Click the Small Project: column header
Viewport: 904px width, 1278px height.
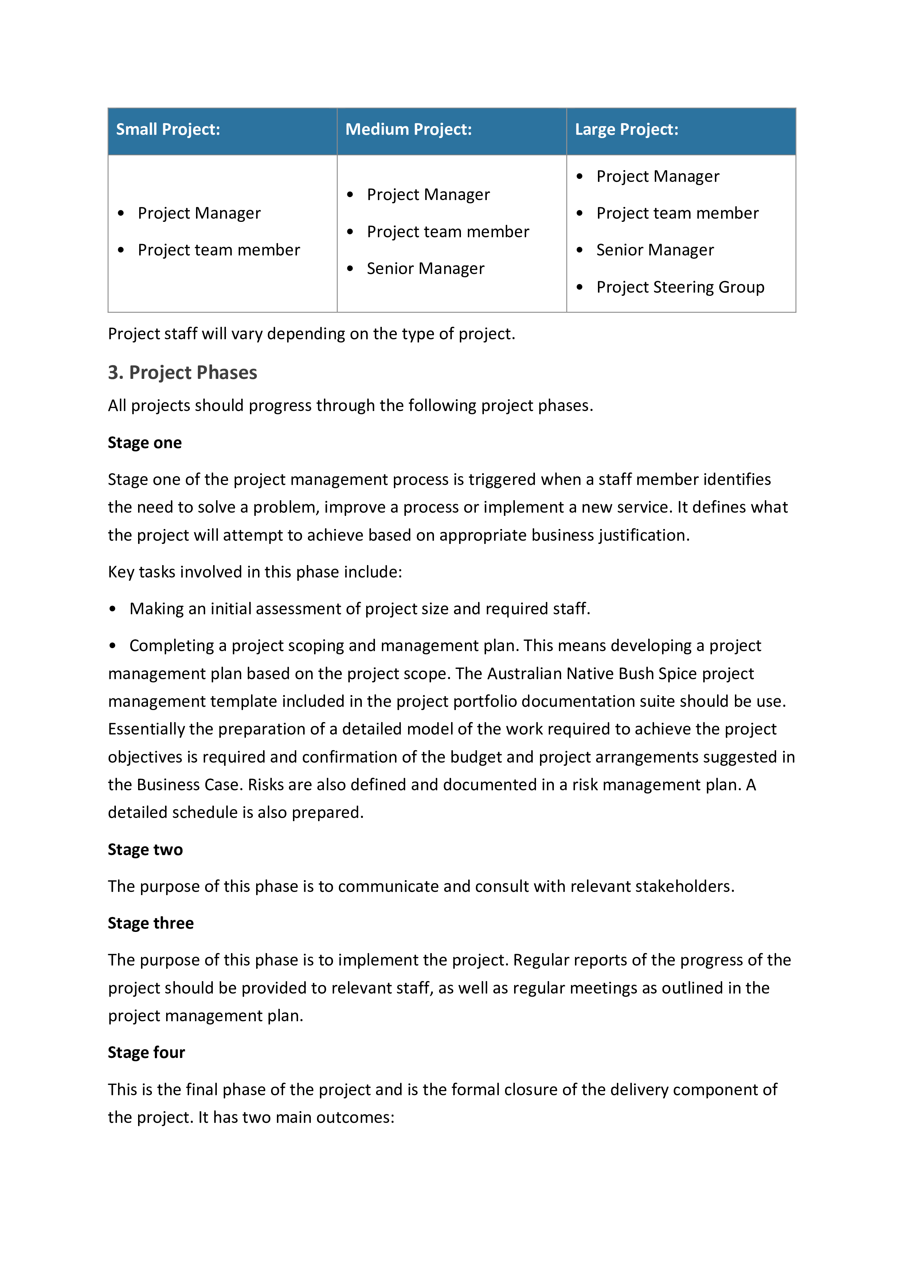coord(168,130)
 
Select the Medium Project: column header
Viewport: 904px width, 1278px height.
coord(408,130)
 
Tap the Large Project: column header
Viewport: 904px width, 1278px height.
coord(626,130)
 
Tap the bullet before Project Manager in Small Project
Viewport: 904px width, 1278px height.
coord(121,213)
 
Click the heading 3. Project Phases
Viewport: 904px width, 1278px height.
coord(182,372)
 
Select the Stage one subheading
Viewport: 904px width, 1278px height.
coord(145,443)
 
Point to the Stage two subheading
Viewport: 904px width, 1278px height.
coord(145,850)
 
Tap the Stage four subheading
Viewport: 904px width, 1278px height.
coord(146,1052)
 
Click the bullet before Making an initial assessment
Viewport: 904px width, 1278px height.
coord(113,609)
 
